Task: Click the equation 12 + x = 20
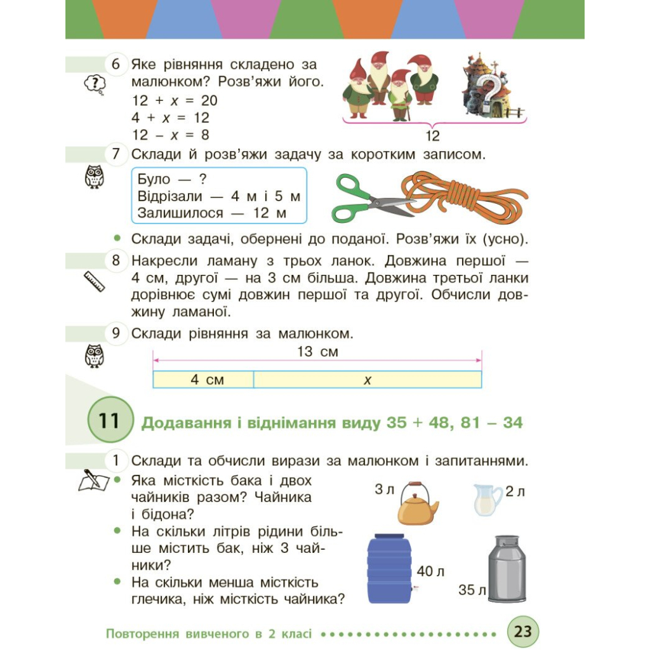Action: [175, 100]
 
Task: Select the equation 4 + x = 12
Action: [171, 117]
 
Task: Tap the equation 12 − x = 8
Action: [171, 135]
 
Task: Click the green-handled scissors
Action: [368, 198]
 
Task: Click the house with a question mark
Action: [489, 86]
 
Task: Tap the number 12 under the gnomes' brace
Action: [432, 136]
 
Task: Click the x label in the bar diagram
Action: [367, 380]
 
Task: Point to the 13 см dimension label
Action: [317, 352]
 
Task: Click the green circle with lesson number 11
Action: [109, 420]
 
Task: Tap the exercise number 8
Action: [116, 261]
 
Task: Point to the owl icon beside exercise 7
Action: [93, 176]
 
